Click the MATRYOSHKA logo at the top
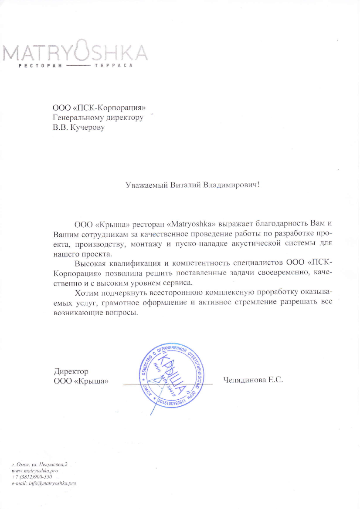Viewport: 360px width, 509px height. (x=75, y=53)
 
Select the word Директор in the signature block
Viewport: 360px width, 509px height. (x=71, y=371)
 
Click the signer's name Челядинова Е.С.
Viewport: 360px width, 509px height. (x=253, y=380)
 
